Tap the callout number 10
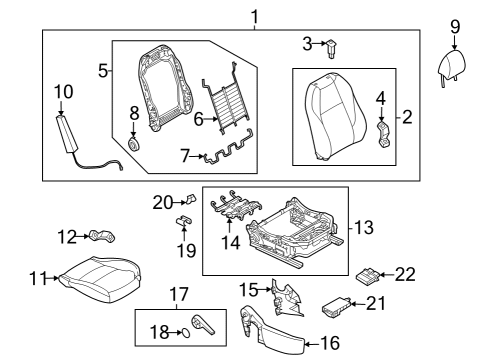click(63, 92)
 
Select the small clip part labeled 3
click(331, 48)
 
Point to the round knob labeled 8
click(134, 145)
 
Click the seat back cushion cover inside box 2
click(335, 117)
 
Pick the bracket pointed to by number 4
click(384, 135)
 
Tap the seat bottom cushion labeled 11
click(99, 279)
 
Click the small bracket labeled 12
click(102, 236)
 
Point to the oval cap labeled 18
click(186, 333)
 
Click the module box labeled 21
click(336, 307)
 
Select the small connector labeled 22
click(368, 276)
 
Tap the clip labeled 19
click(183, 221)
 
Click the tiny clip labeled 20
click(191, 199)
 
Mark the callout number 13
click(364, 228)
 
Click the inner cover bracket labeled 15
click(287, 298)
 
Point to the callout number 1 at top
click(255, 17)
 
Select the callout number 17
click(179, 295)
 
